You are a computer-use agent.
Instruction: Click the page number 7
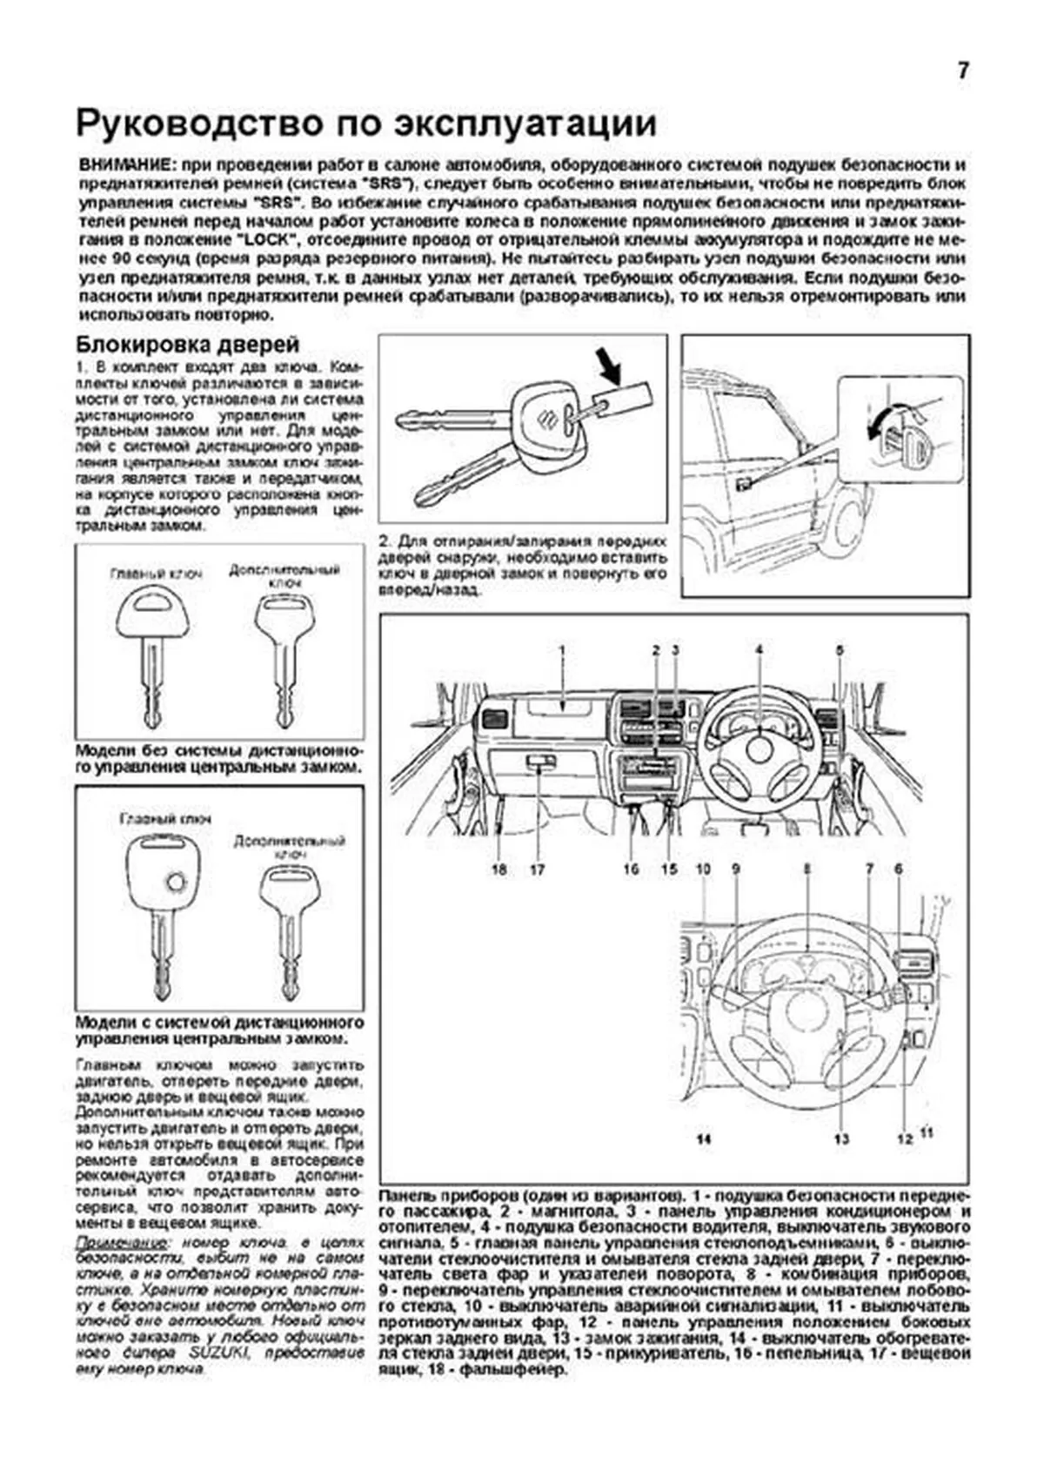pos(962,71)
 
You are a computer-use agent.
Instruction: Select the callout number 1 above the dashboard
pos(562,649)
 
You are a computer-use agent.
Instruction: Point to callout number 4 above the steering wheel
pos(759,649)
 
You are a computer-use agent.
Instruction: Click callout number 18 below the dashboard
pos(499,869)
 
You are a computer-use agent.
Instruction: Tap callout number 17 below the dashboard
pos(537,869)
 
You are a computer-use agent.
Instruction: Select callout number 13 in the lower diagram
pos(841,1138)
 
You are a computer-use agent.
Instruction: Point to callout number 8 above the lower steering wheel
pos(807,868)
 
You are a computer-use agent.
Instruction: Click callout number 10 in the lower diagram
pos(704,868)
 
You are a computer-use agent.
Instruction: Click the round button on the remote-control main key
pos(176,883)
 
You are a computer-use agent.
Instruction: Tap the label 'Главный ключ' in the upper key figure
pos(157,574)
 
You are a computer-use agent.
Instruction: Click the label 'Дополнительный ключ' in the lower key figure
pos(290,847)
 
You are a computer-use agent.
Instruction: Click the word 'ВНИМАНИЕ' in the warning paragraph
pos(121,165)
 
